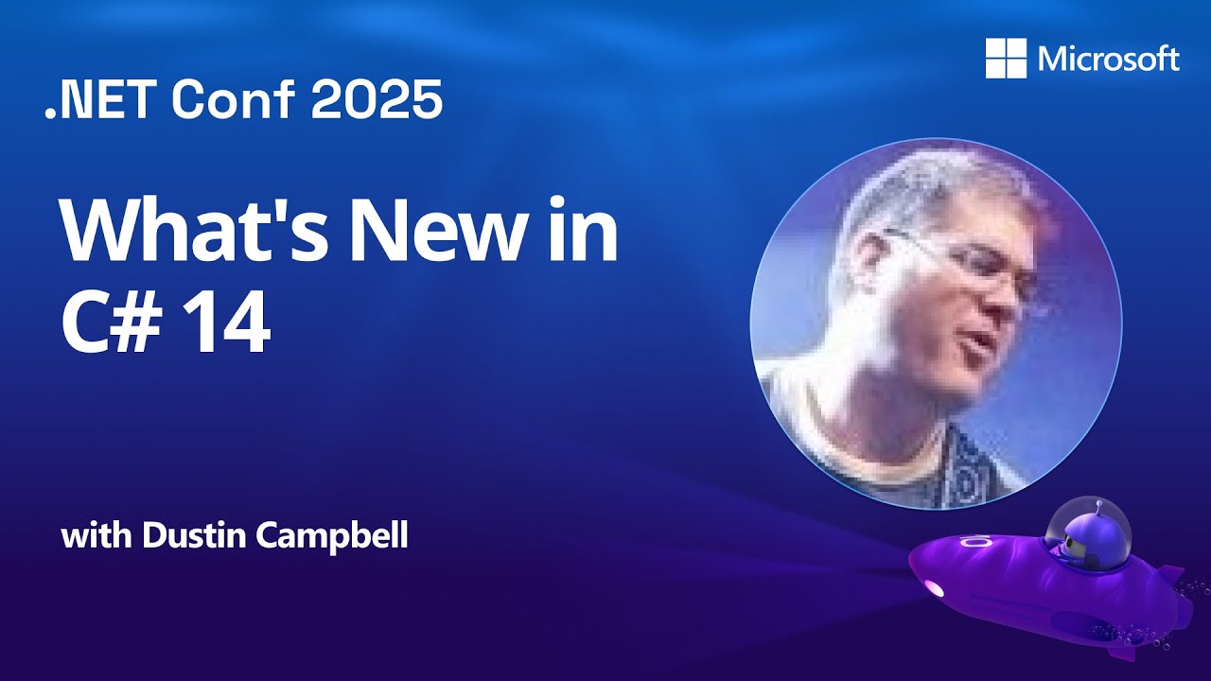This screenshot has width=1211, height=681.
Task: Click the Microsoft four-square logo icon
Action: coord(1006,59)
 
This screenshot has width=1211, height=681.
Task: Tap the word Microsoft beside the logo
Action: coord(1109,60)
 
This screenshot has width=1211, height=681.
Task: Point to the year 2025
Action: coord(377,100)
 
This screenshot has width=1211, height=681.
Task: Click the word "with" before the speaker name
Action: coord(97,537)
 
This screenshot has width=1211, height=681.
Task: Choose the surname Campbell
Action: coord(325,537)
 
